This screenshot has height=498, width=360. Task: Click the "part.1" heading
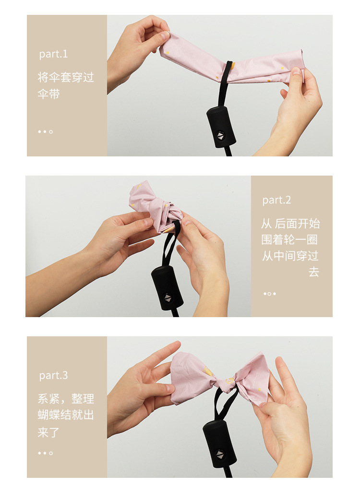53,54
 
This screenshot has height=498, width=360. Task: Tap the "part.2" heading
276,200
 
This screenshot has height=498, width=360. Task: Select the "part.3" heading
53,375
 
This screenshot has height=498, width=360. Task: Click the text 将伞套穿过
66,77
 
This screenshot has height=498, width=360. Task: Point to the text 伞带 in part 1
49,94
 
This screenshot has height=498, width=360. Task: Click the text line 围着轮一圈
289,240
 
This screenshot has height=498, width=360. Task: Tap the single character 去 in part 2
313,272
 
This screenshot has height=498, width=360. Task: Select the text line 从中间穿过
289,256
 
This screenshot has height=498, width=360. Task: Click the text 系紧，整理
66,399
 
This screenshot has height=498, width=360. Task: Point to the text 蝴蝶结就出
66,415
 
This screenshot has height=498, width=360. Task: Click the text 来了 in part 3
49,432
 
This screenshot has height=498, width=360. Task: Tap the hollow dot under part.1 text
51,132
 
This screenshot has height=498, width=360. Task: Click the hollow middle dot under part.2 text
269,294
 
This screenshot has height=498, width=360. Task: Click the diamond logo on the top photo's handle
221,136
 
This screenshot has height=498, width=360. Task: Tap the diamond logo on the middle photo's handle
168,298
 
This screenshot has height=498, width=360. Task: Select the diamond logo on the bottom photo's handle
219,454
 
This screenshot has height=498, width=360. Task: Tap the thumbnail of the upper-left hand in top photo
164,36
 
